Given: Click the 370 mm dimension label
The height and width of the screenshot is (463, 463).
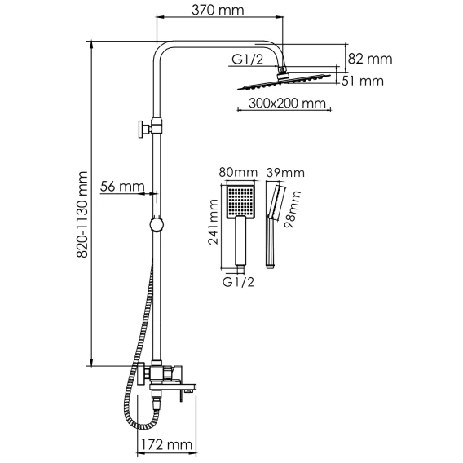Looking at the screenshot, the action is coord(218,11).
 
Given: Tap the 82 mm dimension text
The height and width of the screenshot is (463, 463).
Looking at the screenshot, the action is coord(370,59).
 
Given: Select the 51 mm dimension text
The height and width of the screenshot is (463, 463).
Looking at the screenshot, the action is coord(363,81).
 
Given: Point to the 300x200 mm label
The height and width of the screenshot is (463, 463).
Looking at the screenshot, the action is coord(287,104).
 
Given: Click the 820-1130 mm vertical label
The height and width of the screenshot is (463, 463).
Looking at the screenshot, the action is coord(82,214).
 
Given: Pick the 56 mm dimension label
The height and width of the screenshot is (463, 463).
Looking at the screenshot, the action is coord(122,187).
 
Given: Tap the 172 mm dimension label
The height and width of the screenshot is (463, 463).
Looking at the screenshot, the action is coord(166,444).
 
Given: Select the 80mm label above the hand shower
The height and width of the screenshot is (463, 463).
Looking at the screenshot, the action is coord(238,173).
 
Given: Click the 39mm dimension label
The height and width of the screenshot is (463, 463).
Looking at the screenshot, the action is coord(285,173).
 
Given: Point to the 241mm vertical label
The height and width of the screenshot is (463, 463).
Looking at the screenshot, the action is coord(214,222).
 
